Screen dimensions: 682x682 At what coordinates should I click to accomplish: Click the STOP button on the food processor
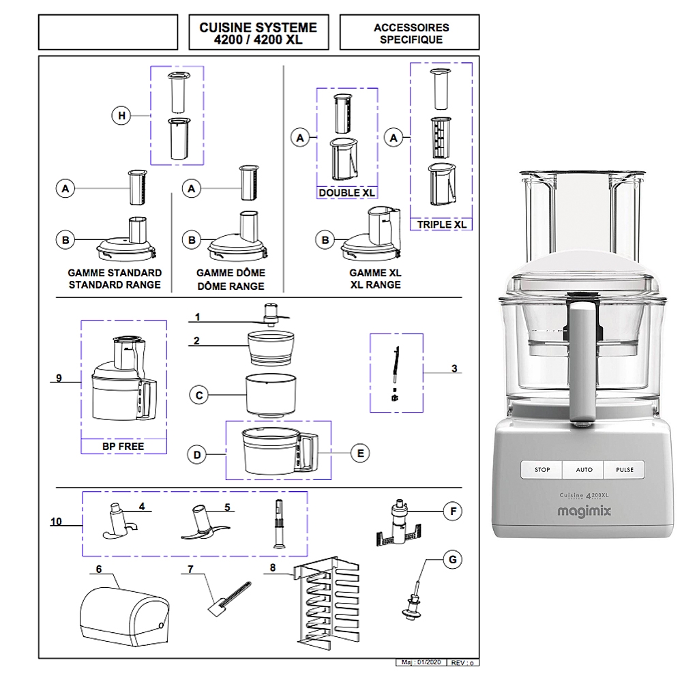coord(542,470)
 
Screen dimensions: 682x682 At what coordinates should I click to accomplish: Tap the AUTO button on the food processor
coord(584,470)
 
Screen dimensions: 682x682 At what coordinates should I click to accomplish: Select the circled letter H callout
coord(121,117)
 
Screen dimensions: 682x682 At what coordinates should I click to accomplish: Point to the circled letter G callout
coord(451,561)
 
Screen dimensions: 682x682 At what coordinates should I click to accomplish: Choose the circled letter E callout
coord(359,452)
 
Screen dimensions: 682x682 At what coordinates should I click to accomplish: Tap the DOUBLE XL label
coord(347,193)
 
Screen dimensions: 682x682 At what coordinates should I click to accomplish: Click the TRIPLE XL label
coord(441,224)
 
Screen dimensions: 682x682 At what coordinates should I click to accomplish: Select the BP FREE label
coord(124,447)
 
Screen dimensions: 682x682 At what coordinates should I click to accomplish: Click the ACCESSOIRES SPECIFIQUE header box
coord(411,33)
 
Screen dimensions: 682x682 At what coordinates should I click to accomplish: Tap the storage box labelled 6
coord(123,612)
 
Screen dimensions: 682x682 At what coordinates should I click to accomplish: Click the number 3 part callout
coord(454,370)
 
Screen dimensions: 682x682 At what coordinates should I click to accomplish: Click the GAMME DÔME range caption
coord(231,279)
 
